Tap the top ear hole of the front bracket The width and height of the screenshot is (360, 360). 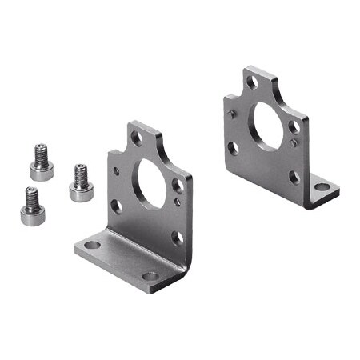click(137, 138)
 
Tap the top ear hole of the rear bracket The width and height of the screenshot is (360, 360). click(252, 82)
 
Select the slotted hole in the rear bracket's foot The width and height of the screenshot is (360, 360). click(322, 187)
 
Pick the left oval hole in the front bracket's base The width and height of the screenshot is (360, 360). click(93, 245)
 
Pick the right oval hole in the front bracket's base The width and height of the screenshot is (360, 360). click(150, 276)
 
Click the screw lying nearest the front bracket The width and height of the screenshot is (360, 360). click(81, 182)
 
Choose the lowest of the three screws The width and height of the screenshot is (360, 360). click(31, 206)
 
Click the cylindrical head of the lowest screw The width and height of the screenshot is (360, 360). click(31, 214)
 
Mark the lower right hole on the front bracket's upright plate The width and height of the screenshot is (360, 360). click(177, 238)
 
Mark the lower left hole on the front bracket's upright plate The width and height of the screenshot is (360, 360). click(117, 206)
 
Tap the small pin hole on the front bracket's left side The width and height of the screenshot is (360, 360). click(118, 170)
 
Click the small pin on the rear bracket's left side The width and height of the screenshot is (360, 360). click(233, 114)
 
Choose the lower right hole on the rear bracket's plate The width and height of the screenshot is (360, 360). click(294, 178)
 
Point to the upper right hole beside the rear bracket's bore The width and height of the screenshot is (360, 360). click(294, 126)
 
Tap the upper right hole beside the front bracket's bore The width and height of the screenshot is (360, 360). click(177, 186)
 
